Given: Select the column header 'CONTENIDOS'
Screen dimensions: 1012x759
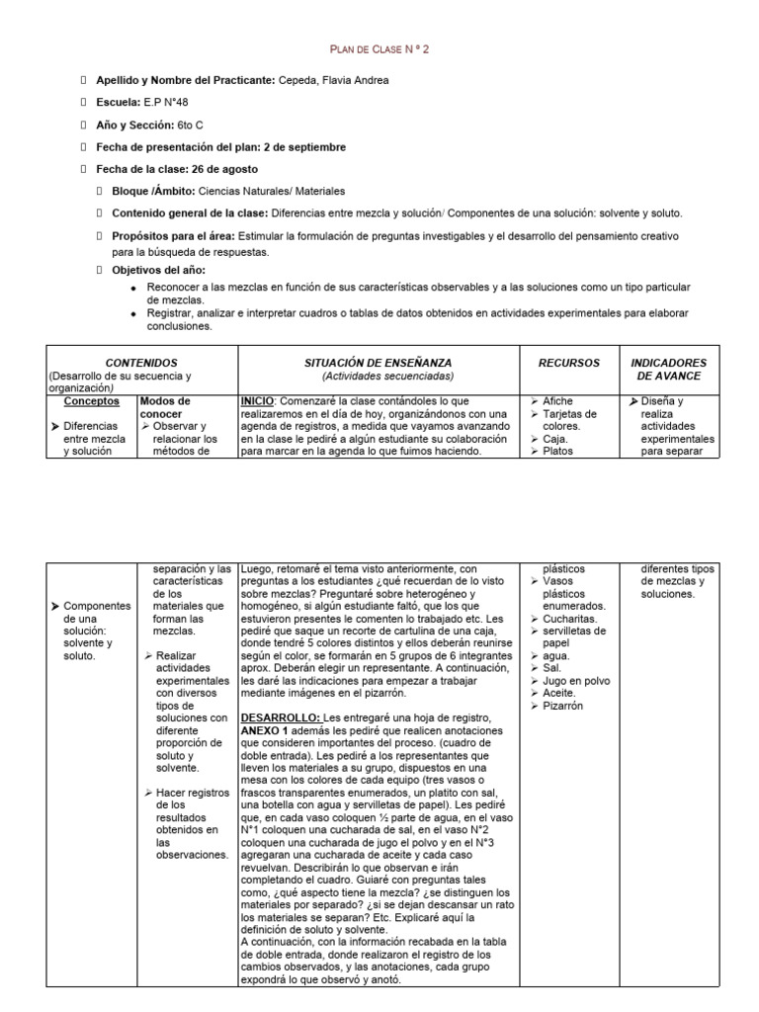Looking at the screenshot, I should click(x=141, y=363).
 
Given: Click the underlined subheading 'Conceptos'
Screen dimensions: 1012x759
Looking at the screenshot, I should click(x=92, y=401).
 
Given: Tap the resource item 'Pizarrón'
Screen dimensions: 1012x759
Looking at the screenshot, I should click(x=563, y=707).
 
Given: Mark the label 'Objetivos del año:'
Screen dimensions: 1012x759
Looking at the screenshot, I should click(x=157, y=269).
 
